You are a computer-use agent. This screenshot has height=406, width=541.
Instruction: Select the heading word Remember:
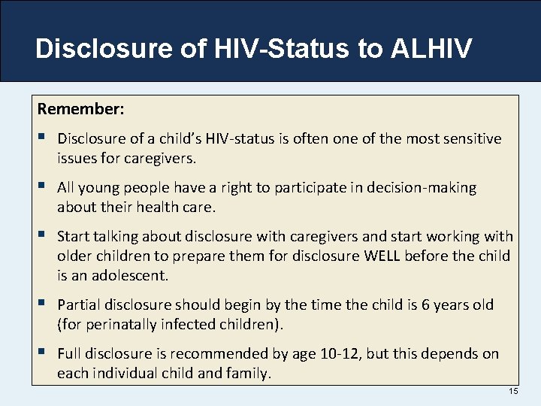coord(81,109)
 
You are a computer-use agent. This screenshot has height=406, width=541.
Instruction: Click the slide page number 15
coord(513,392)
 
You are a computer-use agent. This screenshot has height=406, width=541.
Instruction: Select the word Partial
coord(80,304)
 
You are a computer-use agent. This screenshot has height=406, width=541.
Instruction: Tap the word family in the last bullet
coord(245,374)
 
